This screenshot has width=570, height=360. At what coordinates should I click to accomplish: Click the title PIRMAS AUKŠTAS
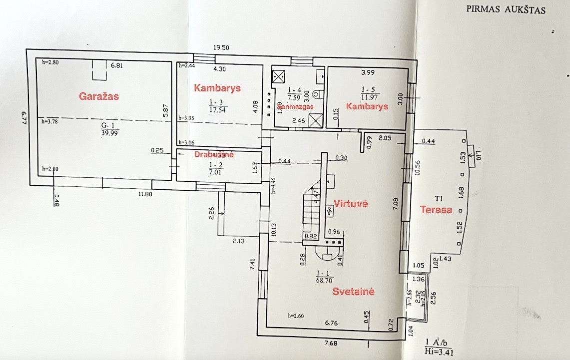506,9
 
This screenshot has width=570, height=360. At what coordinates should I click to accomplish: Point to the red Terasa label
436,210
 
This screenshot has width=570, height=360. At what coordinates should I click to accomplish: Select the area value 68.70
325,281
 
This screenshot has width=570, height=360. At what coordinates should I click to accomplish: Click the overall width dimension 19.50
221,47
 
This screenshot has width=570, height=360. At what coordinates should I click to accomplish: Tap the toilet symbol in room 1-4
317,94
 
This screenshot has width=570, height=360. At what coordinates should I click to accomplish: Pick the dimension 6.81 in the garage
116,65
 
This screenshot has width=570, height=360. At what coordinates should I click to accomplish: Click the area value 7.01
215,173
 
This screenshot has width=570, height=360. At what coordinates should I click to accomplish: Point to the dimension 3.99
368,73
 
